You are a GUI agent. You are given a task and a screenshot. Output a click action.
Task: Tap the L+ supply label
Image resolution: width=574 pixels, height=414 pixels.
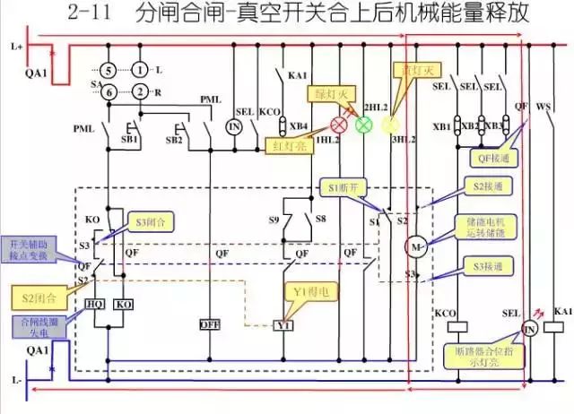(x=13, y=44)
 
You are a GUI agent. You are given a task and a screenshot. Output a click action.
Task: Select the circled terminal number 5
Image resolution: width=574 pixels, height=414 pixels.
(x=107, y=69)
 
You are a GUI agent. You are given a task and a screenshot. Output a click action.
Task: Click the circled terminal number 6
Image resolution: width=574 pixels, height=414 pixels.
(x=107, y=91)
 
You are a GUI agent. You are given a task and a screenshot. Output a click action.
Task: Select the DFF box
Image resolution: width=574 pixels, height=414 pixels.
(x=208, y=323)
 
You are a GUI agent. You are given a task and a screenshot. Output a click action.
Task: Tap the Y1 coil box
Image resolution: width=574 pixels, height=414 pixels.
(x=283, y=324)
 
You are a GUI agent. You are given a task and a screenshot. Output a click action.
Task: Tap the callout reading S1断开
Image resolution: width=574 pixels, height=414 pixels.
(x=342, y=188)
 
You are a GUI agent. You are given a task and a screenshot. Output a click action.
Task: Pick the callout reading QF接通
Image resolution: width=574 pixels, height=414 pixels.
(x=491, y=159)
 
